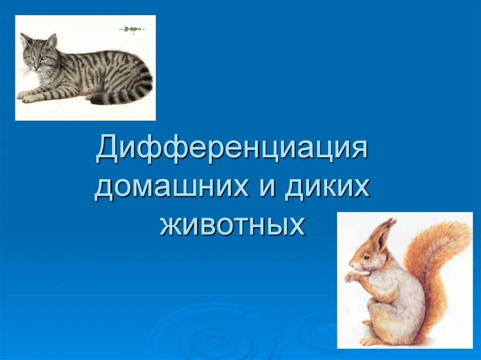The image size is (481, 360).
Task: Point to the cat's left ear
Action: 25,40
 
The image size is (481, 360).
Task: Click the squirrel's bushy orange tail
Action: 439,263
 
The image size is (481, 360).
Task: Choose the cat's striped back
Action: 103,63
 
